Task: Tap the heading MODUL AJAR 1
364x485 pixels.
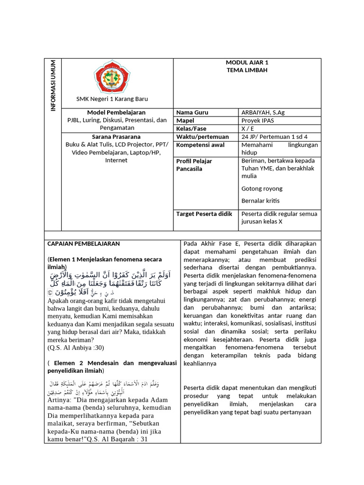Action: pyautogui.click(x=247, y=63)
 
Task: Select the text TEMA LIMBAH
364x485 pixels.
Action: pyautogui.click(x=247, y=70)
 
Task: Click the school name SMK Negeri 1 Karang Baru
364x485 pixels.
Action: pyautogui.click(x=112, y=99)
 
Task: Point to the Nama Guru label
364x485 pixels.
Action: pyautogui.click(x=192, y=113)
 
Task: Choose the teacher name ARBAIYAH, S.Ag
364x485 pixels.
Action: pyautogui.click(x=263, y=113)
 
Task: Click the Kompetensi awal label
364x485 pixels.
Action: pyautogui.click(x=200, y=145)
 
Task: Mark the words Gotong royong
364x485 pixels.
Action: pyautogui.click(x=262, y=189)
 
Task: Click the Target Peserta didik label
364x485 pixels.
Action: pyautogui.click(x=204, y=214)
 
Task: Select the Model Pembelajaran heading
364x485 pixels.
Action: pyautogui.click(x=116, y=113)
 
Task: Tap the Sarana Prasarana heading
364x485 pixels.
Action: pyautogui.click(x=116, y=137)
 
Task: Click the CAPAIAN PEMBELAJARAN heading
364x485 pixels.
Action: pyautogui.click(x=84, y=244)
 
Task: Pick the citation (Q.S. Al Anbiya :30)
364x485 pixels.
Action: pyautogui.click(x=75, y=347)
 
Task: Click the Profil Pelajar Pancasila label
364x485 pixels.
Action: pyautogui.click(x=194, y=165)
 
